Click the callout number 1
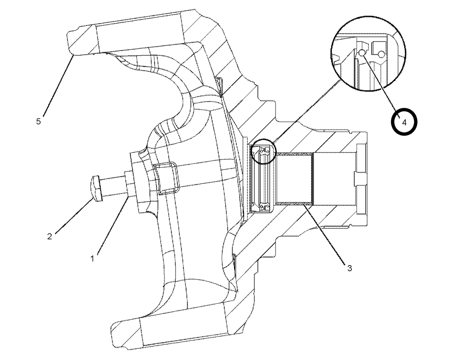coord(92,259)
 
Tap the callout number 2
coord(49,236)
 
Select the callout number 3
coord(350,268)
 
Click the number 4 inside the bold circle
coord(404,123)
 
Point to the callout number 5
coord(38,122)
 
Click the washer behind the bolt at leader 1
coord(129,185)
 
